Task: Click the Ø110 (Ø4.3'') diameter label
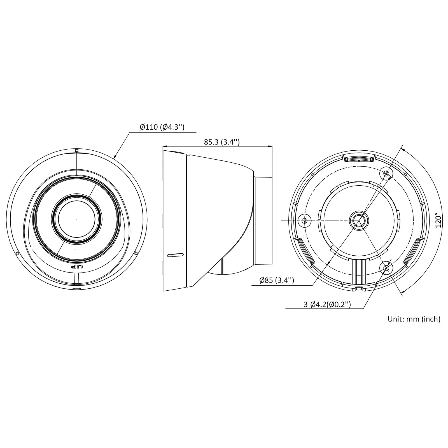click(162, 127)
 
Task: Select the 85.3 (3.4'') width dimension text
click(222, 142)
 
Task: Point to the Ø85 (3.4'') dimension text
click(277, 280)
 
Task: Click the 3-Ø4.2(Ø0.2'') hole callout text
click(327, 304)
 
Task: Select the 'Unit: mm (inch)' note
click(414, 319)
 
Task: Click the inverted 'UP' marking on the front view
click(77, 267)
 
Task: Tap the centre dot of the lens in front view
click(77, 219)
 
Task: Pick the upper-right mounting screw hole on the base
click(386, 174)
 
